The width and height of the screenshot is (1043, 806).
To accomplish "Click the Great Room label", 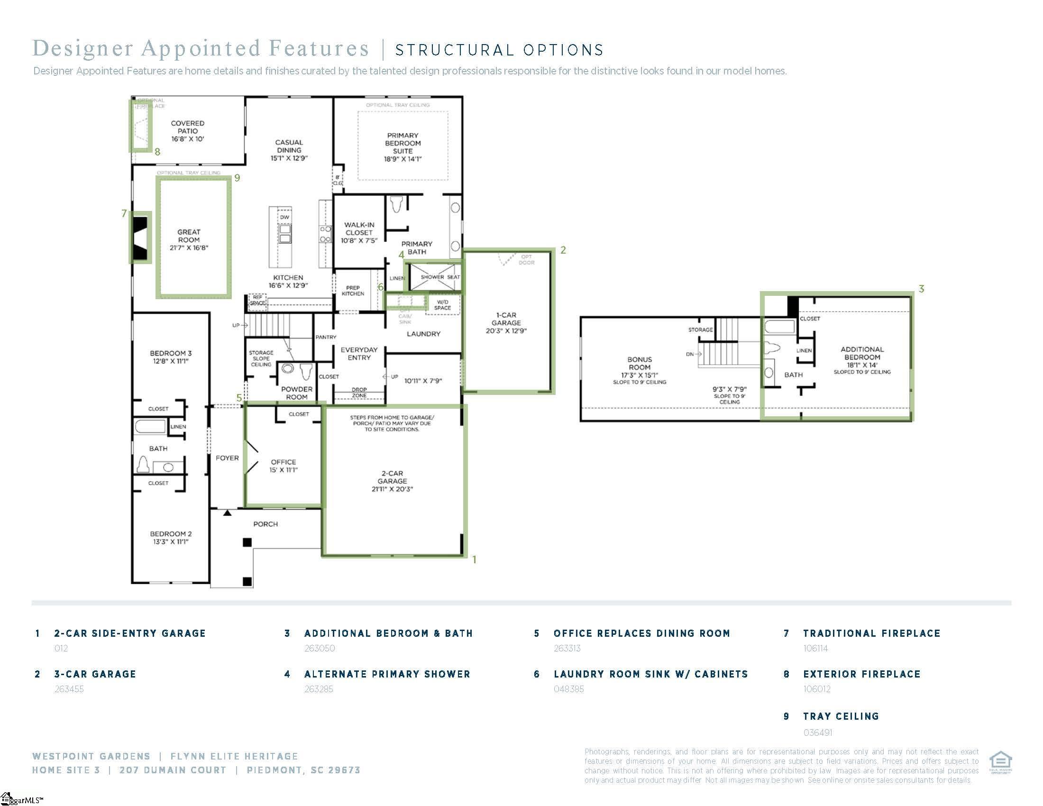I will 189,240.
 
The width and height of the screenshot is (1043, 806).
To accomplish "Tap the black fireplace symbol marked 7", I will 140,238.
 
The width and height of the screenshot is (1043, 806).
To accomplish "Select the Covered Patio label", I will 188,131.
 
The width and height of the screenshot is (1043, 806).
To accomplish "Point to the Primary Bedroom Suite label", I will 403,147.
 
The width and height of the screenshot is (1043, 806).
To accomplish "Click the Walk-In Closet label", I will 359,232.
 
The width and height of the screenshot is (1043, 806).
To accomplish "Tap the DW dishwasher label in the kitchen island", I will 284,217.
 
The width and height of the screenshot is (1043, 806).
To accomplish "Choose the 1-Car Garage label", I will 506,323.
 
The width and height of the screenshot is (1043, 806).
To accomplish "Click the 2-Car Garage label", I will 392,481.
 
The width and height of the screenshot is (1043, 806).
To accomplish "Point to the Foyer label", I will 227,458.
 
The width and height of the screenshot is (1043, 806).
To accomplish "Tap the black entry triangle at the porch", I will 228,513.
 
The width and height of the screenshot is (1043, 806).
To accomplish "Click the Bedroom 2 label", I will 171,538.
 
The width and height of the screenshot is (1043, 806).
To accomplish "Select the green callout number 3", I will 921,289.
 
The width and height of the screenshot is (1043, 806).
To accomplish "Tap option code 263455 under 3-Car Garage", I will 69,689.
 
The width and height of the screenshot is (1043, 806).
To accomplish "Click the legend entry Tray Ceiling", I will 841,716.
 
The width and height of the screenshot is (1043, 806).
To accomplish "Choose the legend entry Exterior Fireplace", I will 861,674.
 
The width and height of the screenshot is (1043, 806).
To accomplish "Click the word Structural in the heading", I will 454,50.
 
